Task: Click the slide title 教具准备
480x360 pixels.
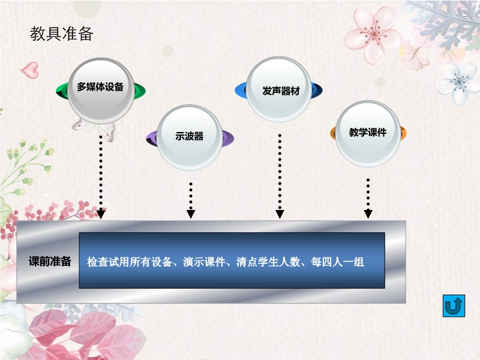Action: [62, 34]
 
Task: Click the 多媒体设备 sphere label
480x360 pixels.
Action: [100, 86]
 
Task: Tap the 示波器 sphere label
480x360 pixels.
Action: [190, 136]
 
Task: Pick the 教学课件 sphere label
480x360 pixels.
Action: [368, 133]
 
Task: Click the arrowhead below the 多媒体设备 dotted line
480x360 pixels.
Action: [101, 214]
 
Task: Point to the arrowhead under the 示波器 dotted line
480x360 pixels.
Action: [191, 213]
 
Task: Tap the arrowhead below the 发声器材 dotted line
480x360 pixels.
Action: [280, 213]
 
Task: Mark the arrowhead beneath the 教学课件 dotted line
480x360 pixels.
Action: [368, 213]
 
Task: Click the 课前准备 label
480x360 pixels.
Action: [50, 262]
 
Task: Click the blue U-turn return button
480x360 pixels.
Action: [454, 306]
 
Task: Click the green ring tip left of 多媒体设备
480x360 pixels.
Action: [61, 91]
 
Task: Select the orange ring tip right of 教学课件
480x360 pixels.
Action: [403, 133]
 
